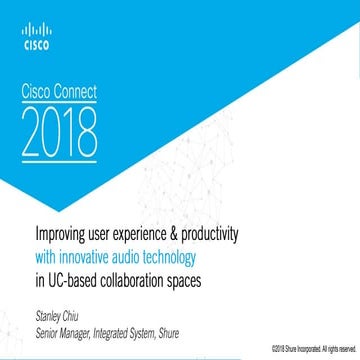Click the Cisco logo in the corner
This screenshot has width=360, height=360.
point(33,38)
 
